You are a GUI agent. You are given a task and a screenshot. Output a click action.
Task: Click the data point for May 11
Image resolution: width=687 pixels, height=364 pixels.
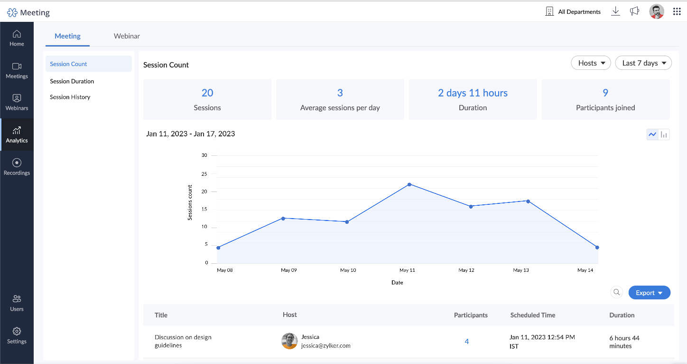[409, 184]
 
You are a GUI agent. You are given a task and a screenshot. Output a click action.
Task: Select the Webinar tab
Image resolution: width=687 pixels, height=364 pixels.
[127, 36]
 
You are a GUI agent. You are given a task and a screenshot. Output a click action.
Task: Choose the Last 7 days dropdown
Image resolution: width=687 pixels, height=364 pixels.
[643, 63]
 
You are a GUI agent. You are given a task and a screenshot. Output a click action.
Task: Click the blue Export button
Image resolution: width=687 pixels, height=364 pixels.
[649, 293]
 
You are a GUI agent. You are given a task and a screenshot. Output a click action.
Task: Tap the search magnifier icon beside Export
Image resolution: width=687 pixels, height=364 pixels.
[616, 293]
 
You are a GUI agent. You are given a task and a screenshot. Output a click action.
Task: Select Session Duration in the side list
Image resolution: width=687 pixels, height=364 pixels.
[72, 81]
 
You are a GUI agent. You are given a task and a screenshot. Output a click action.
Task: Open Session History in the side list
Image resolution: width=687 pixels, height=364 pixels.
[70, 97]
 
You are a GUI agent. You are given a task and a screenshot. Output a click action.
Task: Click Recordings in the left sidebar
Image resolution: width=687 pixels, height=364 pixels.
[17, 167]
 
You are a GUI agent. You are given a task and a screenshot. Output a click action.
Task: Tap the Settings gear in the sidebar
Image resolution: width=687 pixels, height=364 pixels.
[17, 331]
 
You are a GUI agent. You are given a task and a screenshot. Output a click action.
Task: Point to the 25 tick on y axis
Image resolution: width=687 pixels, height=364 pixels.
[204, 174]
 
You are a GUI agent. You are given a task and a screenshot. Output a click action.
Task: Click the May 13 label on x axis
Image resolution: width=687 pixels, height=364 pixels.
[521, 270]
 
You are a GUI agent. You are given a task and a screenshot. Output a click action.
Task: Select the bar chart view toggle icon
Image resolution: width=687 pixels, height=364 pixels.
[664, 135]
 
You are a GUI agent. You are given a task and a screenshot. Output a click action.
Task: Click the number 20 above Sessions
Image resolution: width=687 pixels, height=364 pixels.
[207, 93]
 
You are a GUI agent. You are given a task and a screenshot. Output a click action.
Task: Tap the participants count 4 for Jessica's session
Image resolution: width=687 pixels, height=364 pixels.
[467, 342]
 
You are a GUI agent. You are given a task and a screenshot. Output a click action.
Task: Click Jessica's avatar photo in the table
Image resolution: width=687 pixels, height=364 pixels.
[289, 341]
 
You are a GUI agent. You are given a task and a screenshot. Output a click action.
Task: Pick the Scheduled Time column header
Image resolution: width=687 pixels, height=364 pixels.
[532, 315]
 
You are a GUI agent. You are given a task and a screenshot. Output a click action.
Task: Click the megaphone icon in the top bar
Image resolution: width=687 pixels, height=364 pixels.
[634, 11]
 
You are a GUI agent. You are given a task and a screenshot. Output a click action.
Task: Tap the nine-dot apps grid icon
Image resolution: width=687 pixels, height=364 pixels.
[677, 11]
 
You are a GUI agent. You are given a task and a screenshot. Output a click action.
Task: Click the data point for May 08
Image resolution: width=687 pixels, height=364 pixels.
[218, 248]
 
